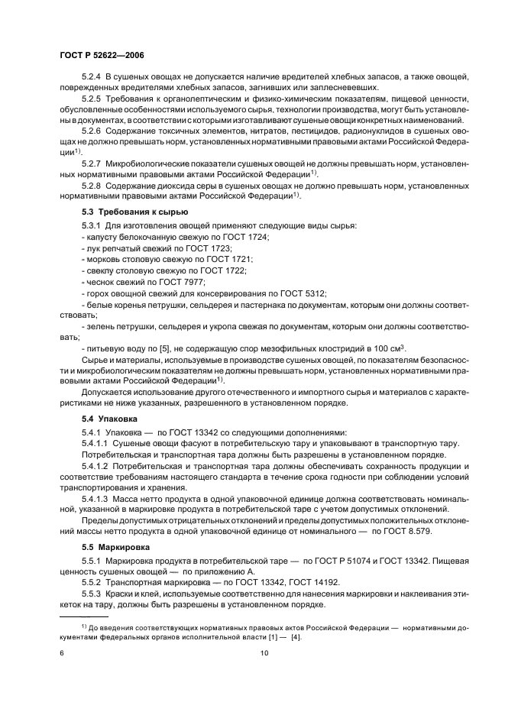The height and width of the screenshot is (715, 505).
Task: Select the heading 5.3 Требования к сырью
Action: pos(125,211)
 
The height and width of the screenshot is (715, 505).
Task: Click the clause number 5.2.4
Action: pos(92,77)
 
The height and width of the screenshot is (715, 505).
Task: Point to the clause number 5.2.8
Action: pos(92,186)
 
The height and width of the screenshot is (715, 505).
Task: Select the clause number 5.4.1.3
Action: pos(96,498)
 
